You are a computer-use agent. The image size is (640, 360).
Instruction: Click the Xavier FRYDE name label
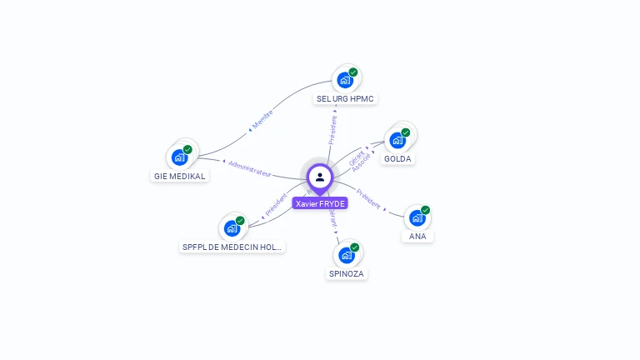(x=320, y=203)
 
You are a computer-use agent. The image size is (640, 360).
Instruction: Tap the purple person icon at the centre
(x=320, y=177)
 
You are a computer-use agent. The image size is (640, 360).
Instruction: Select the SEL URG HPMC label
(x=346, y=98)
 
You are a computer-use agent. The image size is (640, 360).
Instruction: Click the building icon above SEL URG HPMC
(x=344, y=80)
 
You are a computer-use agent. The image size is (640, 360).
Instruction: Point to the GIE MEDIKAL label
(x=179, y=176)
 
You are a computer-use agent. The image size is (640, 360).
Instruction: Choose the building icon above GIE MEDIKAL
(x=179, y=157)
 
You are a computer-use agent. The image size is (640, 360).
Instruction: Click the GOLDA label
(x=397, y=158)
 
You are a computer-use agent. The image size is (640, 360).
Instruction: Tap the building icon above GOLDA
(x=397, y=139)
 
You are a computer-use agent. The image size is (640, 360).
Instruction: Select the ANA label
(x=417, y=236)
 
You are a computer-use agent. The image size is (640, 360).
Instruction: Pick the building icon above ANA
(x=417, y=217)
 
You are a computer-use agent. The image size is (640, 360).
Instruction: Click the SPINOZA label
(x=347, y=273)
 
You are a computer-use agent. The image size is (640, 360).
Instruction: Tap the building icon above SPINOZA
(x=347, y=254)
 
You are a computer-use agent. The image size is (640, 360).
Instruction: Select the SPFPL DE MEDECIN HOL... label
(x=232, y=247)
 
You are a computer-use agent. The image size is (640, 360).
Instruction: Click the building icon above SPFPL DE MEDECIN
(x=232, y=227)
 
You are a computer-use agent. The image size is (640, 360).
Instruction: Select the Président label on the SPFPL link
(x=275, y=207)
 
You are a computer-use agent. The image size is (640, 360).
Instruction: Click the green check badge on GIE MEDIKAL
(x=187, y=149)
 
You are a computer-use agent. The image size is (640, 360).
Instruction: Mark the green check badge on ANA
(x=425, y=210)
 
